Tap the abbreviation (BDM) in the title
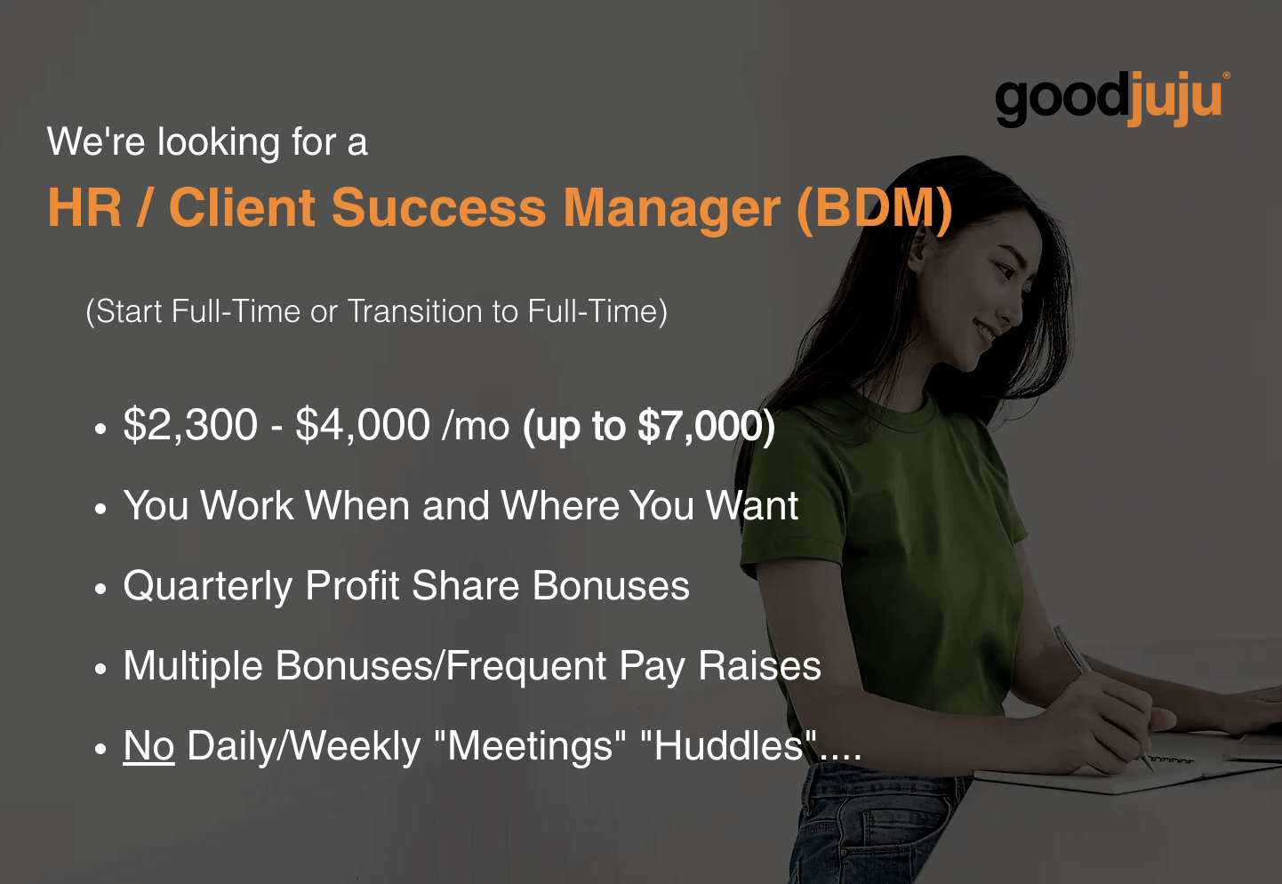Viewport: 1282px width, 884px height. pos(875,208)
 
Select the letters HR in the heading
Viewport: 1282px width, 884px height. pos(84,207)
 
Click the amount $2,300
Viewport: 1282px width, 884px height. pos(190,425)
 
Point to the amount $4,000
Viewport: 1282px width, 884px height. pos(363,425)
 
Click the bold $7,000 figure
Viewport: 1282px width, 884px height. pos(697,427)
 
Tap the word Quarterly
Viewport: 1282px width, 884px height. pos(208,587)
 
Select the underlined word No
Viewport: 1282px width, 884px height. pos(148,746)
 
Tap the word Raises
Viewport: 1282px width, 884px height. pos(759,666)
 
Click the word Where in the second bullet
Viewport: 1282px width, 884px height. pos(559,505)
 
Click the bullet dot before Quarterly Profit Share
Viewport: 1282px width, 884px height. pos(100,589)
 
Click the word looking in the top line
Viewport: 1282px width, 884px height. pos(219,143)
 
